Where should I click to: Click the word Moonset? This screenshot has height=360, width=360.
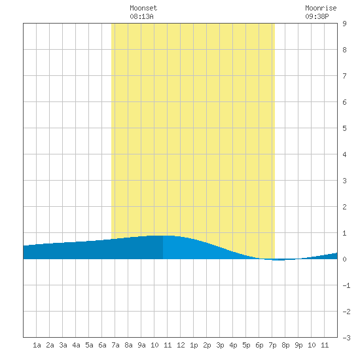click(x=143, y=8)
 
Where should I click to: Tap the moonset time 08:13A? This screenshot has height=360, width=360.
click(x=141, y=16)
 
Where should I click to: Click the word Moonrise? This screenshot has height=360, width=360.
click(x=321, y=8)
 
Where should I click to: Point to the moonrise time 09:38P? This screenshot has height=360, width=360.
click(x=317, y=16)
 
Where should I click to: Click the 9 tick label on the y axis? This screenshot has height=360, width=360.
click(x=344, y=24)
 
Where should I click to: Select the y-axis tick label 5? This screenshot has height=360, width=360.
click(x=344, y=128)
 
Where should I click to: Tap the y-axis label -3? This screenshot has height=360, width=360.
click(x=346, y=338)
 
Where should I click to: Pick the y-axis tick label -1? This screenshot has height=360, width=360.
click(x=346, y=285)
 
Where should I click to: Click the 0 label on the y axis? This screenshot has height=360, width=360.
click(x=344, y=259)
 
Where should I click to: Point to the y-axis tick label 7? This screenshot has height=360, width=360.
click(x=344, y=76)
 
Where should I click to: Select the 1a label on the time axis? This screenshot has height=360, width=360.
click(x=37, y=345)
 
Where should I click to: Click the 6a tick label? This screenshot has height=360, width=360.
click(x=102, y=345)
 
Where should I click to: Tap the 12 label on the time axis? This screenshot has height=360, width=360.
click(x=181, y=345)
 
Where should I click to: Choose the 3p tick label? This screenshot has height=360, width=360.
click(x=220, y=345)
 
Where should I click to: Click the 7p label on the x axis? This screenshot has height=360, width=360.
click(x=272, y=345)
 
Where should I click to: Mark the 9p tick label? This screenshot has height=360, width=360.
click(x=298, y=345)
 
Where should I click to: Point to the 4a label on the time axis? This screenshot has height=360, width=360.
click(x=76, y=345)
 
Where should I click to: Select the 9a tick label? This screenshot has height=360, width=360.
click(x=141, y=345)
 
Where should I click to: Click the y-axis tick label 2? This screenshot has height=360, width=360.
click(x=344, y=207)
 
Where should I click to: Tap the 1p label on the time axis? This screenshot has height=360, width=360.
click(x=194, y=345)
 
